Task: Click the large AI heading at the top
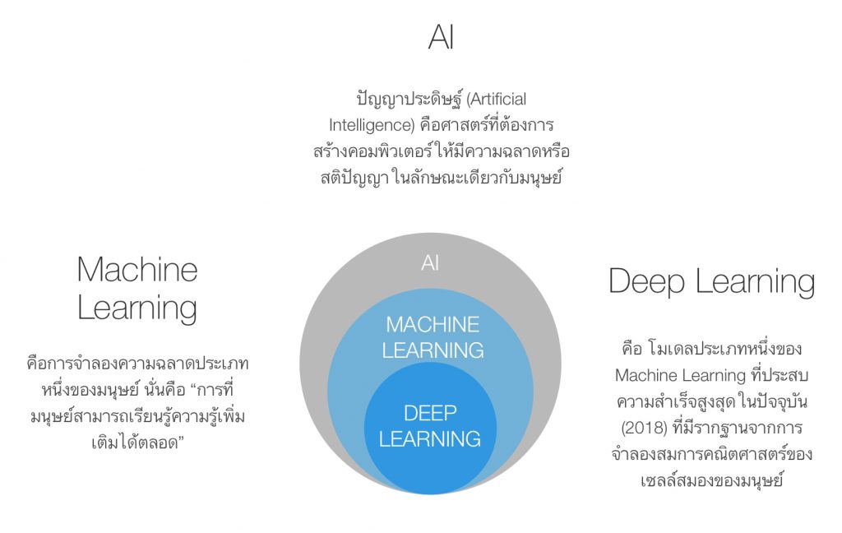(441, 38)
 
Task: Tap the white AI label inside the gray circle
(430, 263)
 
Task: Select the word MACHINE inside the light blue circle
(433, 324)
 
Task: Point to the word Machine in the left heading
(137, 270)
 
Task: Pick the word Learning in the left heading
(137, 308)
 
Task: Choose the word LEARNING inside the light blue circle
(433, 350)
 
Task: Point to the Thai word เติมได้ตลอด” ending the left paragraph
(136, 443)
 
